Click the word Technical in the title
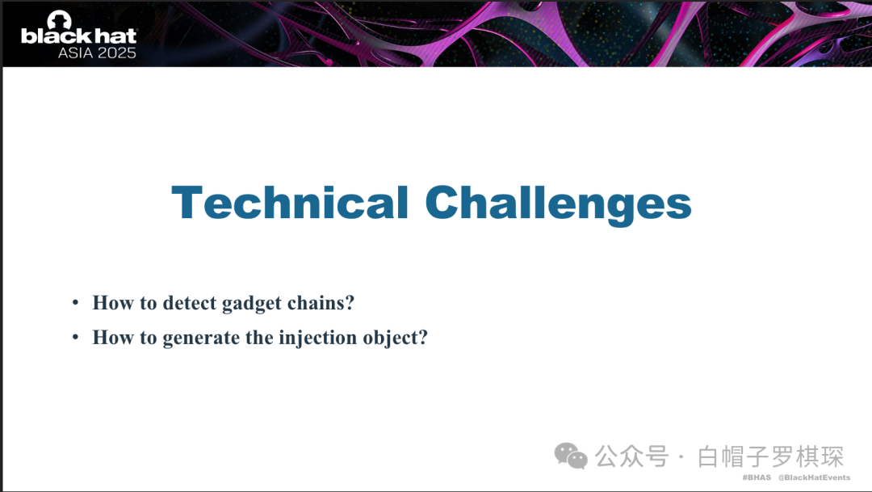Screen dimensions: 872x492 point(290,203)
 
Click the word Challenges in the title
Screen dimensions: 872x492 point(559,206)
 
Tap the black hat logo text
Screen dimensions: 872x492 point(78,36)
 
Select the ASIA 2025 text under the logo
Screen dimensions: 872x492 point(97,53)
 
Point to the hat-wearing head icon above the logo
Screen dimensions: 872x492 point(60,19)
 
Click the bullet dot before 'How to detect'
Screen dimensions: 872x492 point(75,303)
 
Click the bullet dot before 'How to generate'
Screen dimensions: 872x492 point(75,337)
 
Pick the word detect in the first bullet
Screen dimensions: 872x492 point(189,303)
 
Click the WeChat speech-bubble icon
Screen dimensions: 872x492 point(571,456)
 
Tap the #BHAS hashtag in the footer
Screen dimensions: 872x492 point(757,477)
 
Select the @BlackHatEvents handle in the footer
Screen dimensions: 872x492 point(814,477)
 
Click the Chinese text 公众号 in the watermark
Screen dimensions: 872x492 point(631,456)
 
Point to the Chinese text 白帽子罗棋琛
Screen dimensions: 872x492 point(771,456)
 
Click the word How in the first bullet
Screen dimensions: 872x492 point(114,303)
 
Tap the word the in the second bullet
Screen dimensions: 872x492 point(259,337)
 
